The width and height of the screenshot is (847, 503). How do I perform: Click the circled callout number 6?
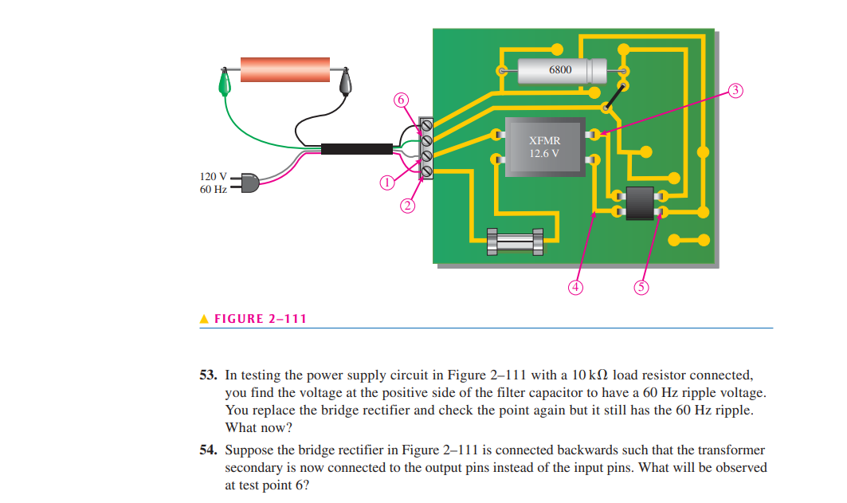tap(401, 100)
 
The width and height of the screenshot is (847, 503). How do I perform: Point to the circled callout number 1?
tap(387, 183)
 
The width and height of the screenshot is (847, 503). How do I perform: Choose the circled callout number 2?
tap(407, 206)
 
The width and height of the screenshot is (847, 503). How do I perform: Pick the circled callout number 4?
tap(577, 286)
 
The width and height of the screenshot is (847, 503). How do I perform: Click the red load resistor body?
tap(285, 69)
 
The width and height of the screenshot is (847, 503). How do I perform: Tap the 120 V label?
tap(213, 176)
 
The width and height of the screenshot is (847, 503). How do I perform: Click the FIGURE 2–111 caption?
tap(253, 319)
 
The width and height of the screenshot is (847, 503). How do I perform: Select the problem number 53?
tap(208, 374)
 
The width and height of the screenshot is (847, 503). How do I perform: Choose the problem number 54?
tap(208, 450)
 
